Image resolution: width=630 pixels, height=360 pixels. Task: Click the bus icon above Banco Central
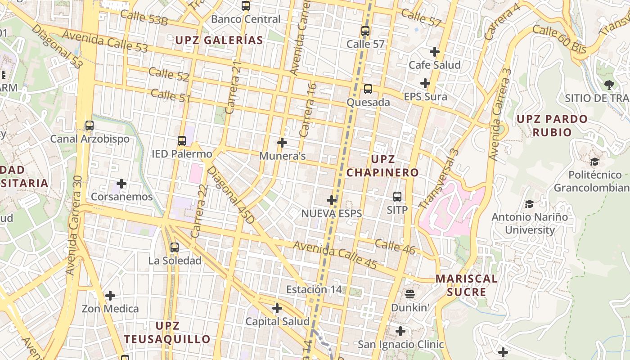coord(246,6)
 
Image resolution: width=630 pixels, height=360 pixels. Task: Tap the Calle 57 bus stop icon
coord(365,31)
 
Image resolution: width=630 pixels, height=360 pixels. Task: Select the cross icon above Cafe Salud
coord(435,52)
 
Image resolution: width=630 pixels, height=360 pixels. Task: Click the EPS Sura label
coord(425,97)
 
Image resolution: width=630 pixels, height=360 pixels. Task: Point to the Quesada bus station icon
coord(368,89)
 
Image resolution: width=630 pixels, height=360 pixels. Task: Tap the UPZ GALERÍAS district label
coord(219,40)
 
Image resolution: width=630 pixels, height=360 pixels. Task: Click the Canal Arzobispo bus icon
coord(90,126)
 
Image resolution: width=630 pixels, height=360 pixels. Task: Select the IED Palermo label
coord(182,154)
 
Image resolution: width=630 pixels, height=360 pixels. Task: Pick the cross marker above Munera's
coord(282,143)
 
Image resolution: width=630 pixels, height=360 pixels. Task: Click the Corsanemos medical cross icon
coord(121,184)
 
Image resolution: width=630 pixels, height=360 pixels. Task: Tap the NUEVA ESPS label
coord(332,214)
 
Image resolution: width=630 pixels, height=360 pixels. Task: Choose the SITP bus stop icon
coord(397,197)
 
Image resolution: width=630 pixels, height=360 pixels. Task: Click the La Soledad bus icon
coord(175,247)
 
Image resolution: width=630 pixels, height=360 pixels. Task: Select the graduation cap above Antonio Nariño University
coord(529,204)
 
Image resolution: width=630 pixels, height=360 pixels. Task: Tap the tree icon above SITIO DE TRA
coord(609,85)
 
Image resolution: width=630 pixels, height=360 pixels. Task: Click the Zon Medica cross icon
coord(110,296)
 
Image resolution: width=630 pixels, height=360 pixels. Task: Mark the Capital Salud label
coord(277,322)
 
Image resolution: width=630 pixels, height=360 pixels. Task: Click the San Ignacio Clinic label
coord(400,345)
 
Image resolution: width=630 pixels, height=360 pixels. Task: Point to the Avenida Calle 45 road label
coord(335,255)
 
